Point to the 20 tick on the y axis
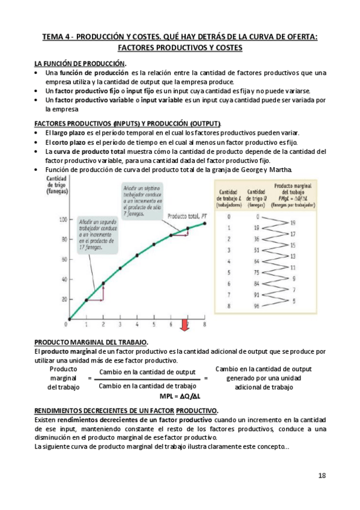click(63, 300)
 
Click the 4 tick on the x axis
click(137, 324)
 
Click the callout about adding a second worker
click(96, 235)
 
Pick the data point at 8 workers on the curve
click(205, 223)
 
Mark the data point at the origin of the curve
click(70, 319)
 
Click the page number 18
click(322, 475)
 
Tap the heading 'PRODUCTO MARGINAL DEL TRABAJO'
click(91, 342)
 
